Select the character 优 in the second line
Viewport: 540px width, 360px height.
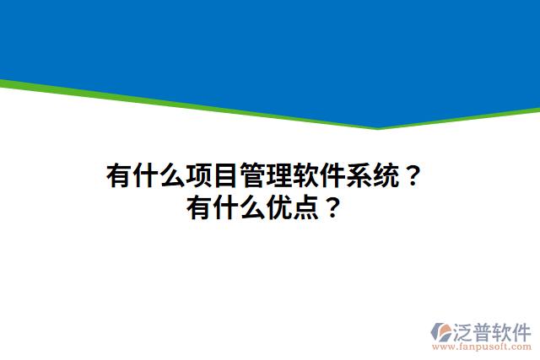tap(279, 207)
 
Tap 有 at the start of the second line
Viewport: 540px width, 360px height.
tap(201, 207)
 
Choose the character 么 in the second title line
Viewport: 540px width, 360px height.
tap(253, 207)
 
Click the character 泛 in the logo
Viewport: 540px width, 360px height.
tap(469, 330)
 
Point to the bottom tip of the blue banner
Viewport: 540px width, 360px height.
tap(378, 126)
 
